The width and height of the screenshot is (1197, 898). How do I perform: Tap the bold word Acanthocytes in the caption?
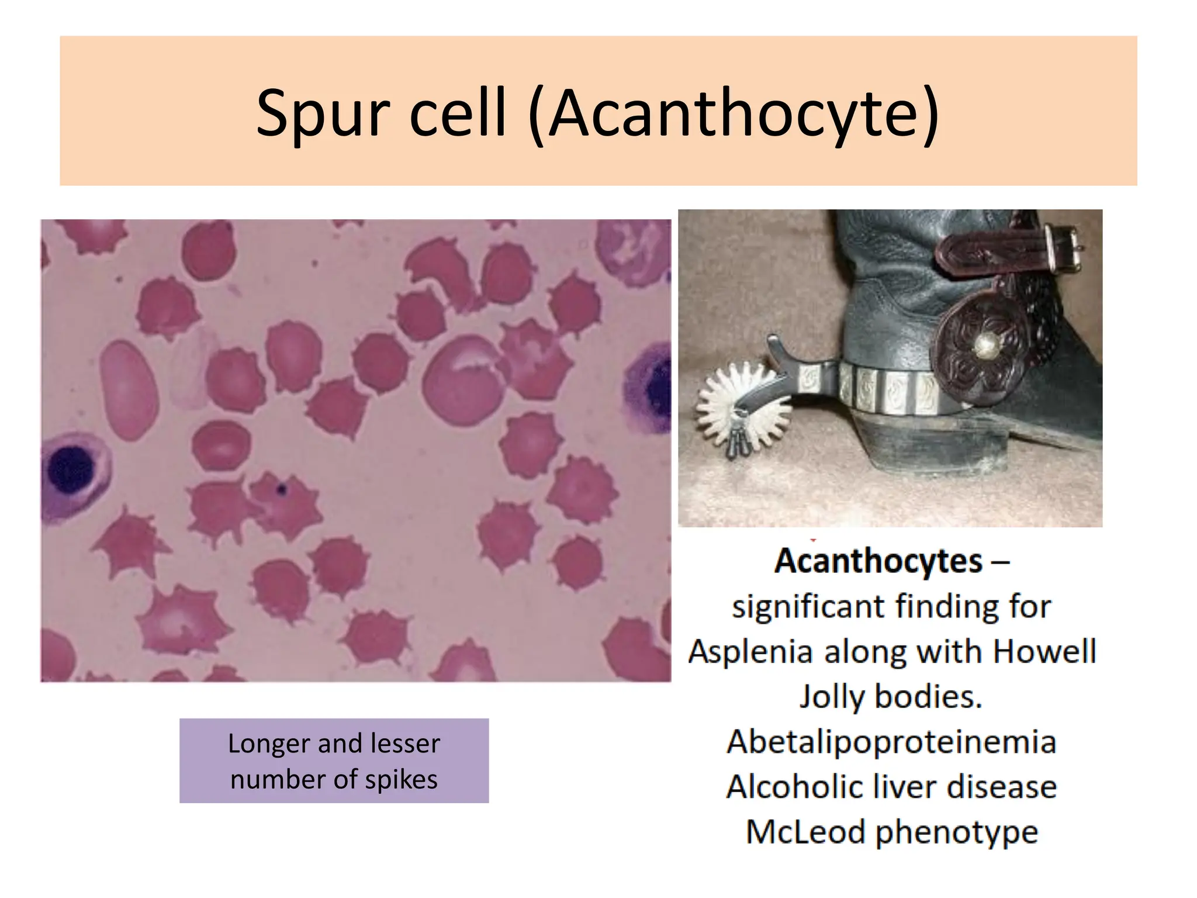point(878,561)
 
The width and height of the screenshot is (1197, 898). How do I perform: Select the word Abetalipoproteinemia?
point(891,742)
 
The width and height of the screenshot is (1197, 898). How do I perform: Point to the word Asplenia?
point(750,651)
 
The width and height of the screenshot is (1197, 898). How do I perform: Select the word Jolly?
point(831,697)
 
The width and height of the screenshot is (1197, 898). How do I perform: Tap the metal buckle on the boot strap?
point(1063,249)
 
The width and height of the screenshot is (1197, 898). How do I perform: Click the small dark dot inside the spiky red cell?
point(282,489)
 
